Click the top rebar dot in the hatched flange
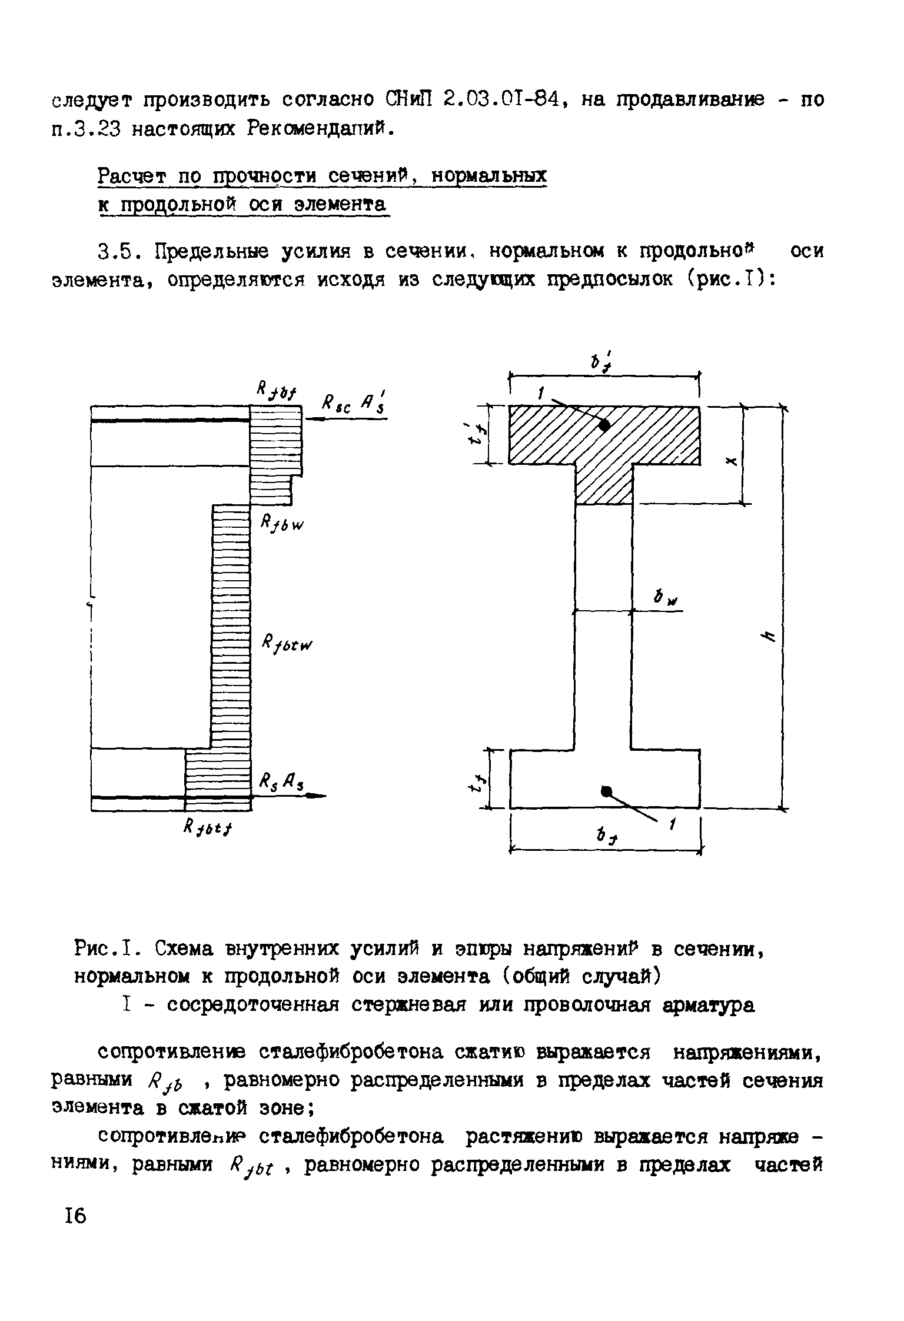[604, 425]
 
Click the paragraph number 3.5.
[118, 252]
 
